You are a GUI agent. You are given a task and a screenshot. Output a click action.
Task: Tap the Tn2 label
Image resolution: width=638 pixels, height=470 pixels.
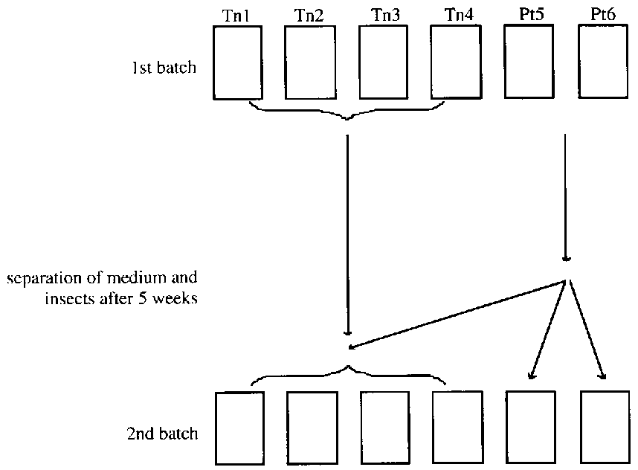[x=309, y=15]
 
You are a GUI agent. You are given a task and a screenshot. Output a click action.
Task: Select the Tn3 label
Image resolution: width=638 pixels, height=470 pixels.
[x=383, y=15]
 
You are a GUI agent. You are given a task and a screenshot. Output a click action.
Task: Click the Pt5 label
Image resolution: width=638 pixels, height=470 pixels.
[x=529, y=15]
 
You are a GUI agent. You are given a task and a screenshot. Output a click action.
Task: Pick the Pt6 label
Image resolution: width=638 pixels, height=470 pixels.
[x=602, y=15]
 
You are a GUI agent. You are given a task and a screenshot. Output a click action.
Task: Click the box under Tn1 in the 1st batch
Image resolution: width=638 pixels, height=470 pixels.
[x=238, y=62]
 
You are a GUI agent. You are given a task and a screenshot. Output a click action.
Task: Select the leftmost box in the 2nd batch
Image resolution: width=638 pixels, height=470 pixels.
[x=239, y=428]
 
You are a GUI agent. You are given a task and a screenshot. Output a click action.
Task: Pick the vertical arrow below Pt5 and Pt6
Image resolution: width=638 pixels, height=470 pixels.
[x=567, y=197]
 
